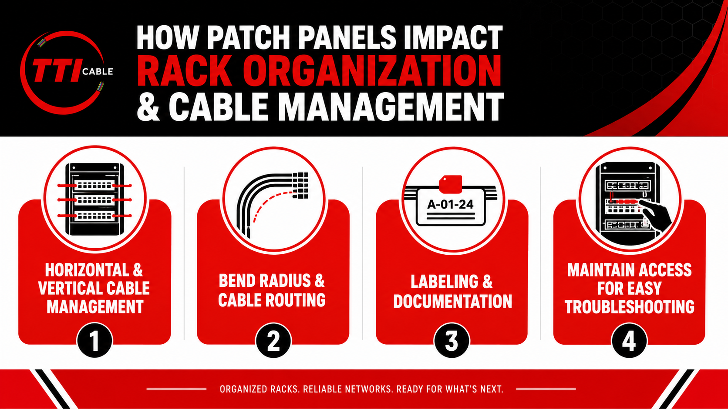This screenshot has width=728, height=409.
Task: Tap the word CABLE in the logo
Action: pyautogui.click(x=98, y=72)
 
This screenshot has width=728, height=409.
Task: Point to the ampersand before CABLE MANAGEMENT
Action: pyautogui.click(x=148, y=106)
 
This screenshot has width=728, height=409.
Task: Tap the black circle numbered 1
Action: pyautogui.click(x=94, y=341)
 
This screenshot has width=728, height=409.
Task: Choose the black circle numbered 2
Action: pyautogui.click(x=273, y=341)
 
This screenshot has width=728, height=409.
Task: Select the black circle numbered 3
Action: pyautogui.click(x=452, y=341)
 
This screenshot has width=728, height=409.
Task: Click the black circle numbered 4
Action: pyautogui.click(x=629, y=341)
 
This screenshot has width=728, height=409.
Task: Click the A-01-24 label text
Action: pyautogui.click(x=450, y=204)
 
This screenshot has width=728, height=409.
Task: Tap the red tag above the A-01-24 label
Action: pyautogui.click(x=451, y=184)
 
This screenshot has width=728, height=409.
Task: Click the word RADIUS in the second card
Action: pyautogui.click(x=286, y=280)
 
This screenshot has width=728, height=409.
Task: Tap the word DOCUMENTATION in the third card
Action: pyautogui.click(x=453, y=301)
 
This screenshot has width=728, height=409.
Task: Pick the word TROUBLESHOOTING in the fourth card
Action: pyautogui.click(x=630, y=307)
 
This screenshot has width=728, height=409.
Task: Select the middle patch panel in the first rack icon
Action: pyautogui.click(x=94, y=200)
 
